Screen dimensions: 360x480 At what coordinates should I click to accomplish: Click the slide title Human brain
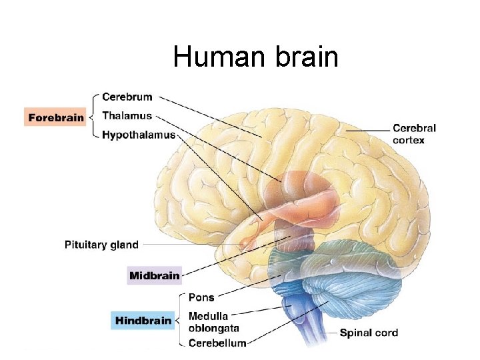coord(255,57)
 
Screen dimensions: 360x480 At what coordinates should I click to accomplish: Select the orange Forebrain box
coord(56,117)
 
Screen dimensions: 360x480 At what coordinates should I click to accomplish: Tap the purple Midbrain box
coord(154,275)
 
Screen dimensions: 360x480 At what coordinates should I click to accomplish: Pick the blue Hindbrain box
coord(143,320)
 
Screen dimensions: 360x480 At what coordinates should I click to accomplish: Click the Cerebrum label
coord(127,97)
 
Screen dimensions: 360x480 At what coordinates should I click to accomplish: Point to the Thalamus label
coord(127,116)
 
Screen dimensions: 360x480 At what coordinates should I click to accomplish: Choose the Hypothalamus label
coord(139,135)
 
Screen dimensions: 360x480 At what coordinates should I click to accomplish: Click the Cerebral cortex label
coord(414,134)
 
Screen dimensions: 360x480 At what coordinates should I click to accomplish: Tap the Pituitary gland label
coord(101,245)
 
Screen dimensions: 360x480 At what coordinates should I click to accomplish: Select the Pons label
coord(201,297)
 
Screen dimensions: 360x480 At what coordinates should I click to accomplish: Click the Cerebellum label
coord(217,343)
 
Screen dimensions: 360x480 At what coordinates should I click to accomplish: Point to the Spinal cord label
coord(369,333)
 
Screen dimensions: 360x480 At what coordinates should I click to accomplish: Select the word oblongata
coord(214,329)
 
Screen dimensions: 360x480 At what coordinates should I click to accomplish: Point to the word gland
coord(123,245)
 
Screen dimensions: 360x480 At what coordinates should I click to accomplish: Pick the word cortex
coord(408,140)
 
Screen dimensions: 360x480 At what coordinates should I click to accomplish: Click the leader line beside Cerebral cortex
coord(367,131)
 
